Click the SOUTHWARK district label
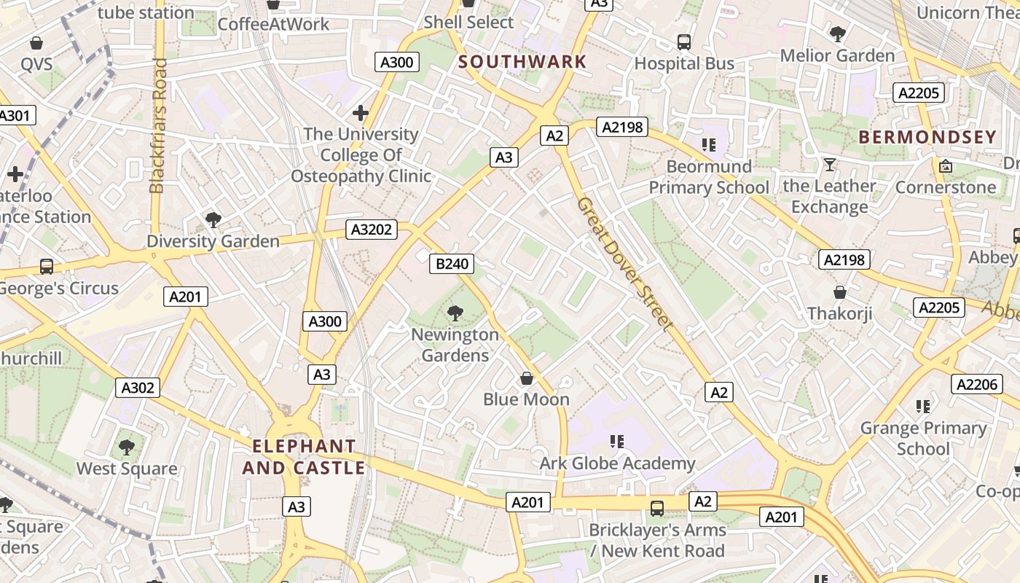(x=522, y=62)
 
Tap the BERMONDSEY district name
(x=927, y=137)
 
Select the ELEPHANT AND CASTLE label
(x=304, y=457)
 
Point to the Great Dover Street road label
(x=623, y=264)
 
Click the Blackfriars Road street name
(x=158, y=125)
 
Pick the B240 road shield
(x=452, y=264)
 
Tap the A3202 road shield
(x=372, y=230)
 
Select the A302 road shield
(x=138, y=388)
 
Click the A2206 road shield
(x=977, y=385)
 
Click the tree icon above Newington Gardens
(x=455, y=313)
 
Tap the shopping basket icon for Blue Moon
(x=527, y=378)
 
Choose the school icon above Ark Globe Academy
(x=617, y=441)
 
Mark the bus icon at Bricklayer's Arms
(x=657, y=508)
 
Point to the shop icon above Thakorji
(x=840, y=292)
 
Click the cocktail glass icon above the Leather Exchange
(x=829, y=165)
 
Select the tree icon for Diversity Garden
(x=213, y=219)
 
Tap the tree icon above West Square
(x=127, y=447)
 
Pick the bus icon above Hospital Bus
(x=684, y=42)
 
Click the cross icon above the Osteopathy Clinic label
(x=361, y=113)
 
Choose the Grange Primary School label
(x=923, y=438)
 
